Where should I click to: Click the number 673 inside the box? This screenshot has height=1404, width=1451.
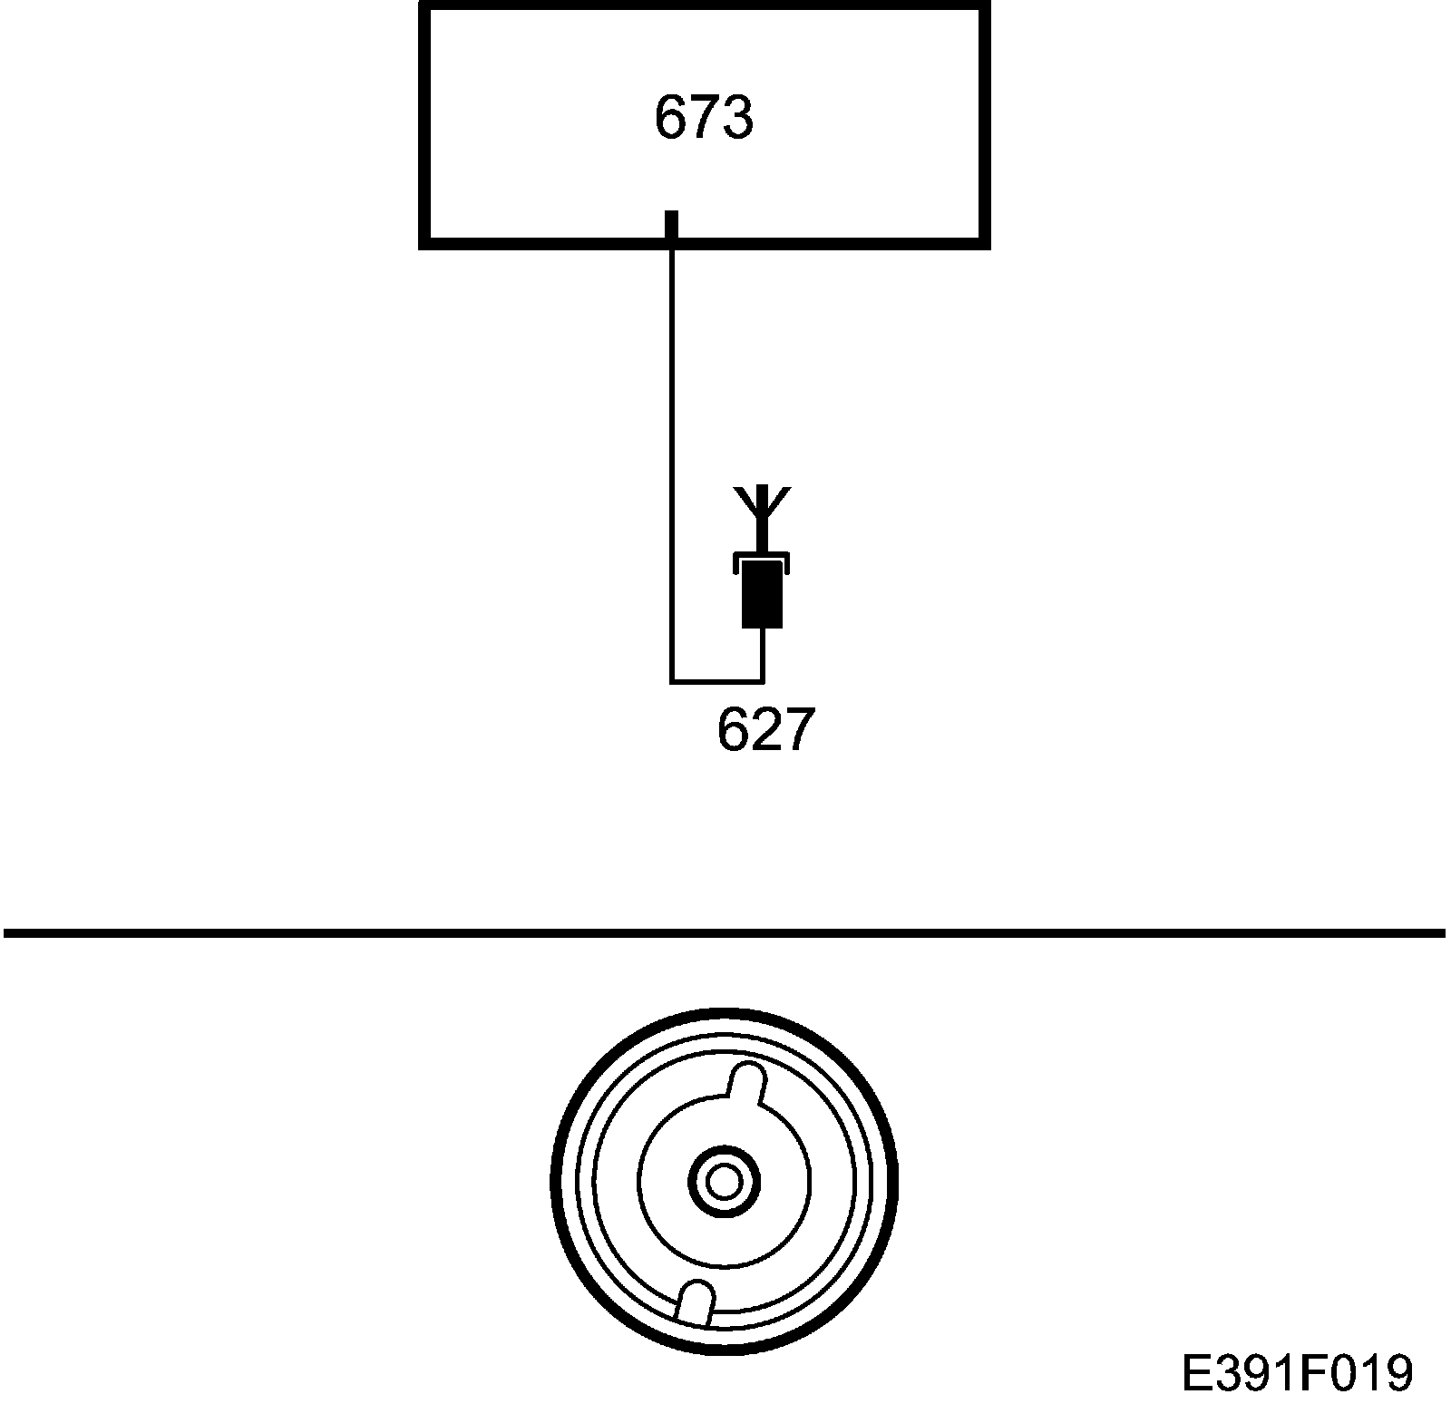[703, 119]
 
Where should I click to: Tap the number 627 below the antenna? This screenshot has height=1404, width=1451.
[761, 730]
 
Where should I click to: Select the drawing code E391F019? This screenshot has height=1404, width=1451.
[1297, 1373]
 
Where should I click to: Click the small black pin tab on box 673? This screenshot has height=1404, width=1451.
[671, 226]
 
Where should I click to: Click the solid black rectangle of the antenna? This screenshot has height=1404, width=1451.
[762, 595]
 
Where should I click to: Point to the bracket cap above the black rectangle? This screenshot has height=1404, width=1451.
[762, 559]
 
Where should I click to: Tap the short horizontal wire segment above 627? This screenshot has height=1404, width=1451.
[716, 680]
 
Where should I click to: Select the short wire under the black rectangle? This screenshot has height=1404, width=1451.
[763, 653]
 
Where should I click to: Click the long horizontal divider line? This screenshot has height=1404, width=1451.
[725, 931]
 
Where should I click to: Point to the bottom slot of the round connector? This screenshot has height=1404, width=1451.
[696, 1301]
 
